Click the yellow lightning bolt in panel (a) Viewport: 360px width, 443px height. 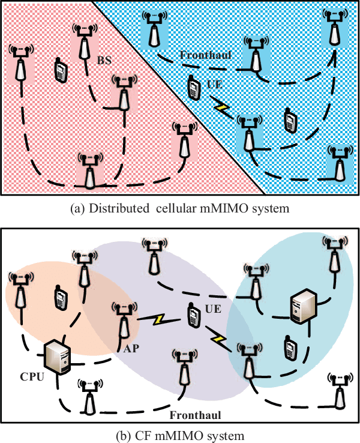click(223, 108)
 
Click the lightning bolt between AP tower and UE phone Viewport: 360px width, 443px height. click(161, 319)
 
